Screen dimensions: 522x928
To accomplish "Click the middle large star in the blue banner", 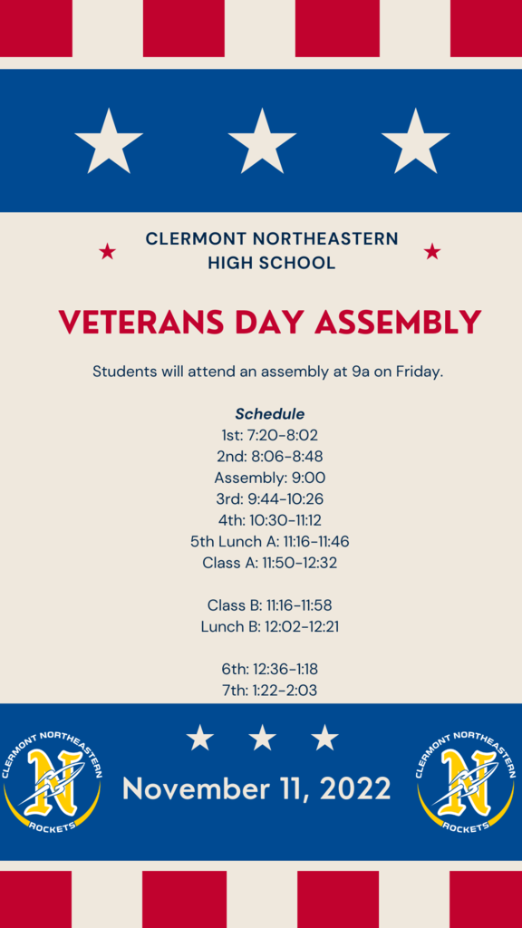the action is click(262, 142).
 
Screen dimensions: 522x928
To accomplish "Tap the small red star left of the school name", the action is click(107, 252).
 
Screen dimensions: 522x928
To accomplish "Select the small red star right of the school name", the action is click(432, 252).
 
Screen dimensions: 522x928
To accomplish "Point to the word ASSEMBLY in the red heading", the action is click(398, 323).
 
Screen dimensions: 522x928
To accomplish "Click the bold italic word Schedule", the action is click(270, 413).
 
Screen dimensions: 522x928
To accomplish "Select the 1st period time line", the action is click(270, 436).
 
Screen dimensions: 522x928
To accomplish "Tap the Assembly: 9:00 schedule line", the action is click(270, 478).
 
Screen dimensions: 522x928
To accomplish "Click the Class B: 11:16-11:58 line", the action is click(270, 605).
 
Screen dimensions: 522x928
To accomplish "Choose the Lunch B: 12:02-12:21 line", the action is click(270, 627).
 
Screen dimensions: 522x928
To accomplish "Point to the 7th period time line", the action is click(270, 690).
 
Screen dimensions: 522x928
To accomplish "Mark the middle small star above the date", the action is click(262, 738).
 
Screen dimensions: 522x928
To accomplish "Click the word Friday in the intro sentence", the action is click(419, 372).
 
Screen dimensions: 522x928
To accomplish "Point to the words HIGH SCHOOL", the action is click(272, 263).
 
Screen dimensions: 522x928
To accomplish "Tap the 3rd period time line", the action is click(270, 499).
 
